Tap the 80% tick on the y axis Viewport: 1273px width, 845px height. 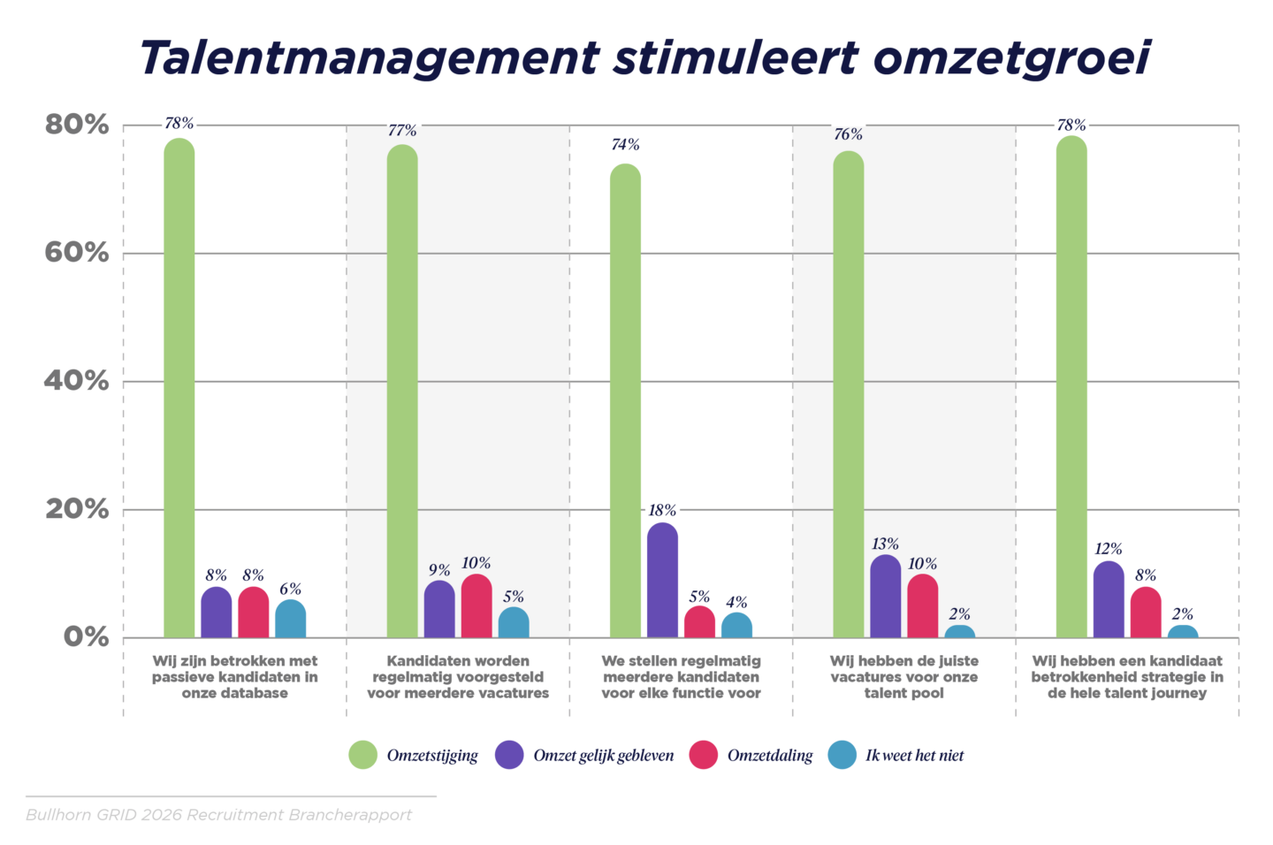(x=77, y=125)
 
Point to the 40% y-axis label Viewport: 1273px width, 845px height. (x=77, y=381)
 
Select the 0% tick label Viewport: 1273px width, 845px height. (x=86, y=637)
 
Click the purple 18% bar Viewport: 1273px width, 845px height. (x=662, y=581)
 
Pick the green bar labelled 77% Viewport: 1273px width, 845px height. (x=402, y=391)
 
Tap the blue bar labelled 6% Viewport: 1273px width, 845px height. (x=290, y=620)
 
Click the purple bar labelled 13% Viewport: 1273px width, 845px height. (x=885, y=597)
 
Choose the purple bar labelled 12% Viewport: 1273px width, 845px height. (x=1109, y=600)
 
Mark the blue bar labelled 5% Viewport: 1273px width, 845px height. (x=514, y=623)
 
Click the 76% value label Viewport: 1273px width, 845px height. (x=848, y=134)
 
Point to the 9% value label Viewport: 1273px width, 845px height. (x=439, y=570)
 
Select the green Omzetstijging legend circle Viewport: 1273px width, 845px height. (x=363, y=755)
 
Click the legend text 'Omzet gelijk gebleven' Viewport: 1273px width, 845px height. (x=603, y=756)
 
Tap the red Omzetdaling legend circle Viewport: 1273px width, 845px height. (x=703, y=755)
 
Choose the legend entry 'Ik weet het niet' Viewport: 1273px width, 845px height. (x=914, y=756)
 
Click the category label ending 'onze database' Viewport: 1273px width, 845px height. (x=234, y=677)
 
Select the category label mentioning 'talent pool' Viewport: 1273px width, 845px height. (x=903, y=677)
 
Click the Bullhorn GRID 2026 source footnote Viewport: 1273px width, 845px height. (x=218, y=815)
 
